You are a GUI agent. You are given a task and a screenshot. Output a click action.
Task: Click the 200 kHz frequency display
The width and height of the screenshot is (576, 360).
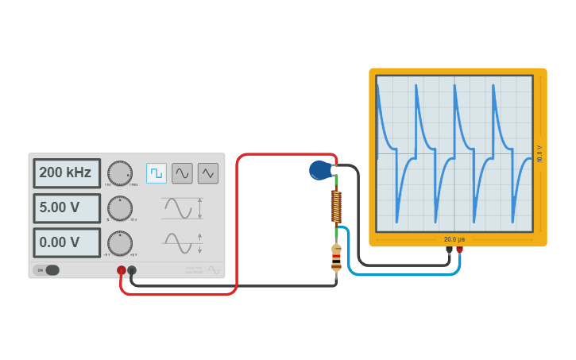[67, 172]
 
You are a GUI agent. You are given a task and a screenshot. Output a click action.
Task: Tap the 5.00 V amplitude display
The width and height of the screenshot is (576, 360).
[67, 207]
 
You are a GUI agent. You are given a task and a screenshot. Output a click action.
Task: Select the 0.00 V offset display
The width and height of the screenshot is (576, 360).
[67, 242]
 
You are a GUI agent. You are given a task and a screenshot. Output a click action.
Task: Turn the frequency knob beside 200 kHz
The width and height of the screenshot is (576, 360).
[120, 173]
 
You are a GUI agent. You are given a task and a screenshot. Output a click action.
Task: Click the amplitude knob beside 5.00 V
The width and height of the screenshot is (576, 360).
[120, 208]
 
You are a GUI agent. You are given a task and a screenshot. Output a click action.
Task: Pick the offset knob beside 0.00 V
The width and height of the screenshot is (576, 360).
[120, 243]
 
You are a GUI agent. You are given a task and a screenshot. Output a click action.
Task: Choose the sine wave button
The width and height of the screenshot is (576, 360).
[182, 173]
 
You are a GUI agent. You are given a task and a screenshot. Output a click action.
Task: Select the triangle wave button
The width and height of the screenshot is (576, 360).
[208, 173]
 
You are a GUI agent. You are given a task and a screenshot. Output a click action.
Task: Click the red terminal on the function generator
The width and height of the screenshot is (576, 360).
[122, 270]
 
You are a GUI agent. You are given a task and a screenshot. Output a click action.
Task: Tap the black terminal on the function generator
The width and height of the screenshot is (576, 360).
[132, 270]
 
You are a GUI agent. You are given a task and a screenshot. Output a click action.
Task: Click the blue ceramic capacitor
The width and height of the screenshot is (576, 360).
[320, 170]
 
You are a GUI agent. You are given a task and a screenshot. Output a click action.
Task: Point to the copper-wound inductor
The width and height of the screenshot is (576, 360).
[336, 207]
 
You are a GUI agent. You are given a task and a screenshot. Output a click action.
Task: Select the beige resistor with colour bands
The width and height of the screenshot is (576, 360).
[336, 257]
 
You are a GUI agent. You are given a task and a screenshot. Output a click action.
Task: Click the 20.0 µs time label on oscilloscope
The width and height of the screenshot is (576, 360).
[454, 239]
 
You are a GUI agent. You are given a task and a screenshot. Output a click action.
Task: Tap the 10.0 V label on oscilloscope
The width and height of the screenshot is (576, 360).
[539, 153]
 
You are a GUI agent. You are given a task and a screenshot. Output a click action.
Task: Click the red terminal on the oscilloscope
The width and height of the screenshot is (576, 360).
[459, 250]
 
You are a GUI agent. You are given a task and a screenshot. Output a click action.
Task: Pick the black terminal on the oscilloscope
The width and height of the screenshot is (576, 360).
[449, 250]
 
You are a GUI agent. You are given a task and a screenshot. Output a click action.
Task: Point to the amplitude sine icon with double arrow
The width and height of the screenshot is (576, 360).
[182, 208]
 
